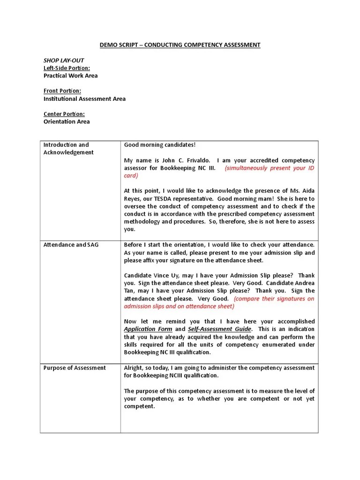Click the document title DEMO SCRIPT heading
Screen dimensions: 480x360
click(180, 45)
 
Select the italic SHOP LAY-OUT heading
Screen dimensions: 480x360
click(64, 60)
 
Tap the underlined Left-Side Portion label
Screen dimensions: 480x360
click(67, 68)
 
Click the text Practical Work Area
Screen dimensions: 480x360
click(70, 75)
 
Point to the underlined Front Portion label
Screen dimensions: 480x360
click(62, 91)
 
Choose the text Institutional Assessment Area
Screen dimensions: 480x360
click(84, 99)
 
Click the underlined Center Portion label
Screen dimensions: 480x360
click(64, 114)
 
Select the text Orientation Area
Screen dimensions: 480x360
click(67, 121)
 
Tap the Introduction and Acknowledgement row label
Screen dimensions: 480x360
click(68, 149)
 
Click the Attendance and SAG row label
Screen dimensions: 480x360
click(71, 245)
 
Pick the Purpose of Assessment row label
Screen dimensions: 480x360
click(75, 367)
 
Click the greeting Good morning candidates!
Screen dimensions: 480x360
click(159, 145)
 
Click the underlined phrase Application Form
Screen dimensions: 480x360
click(148, 329)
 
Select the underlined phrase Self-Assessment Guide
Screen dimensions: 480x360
click(219, 329)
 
